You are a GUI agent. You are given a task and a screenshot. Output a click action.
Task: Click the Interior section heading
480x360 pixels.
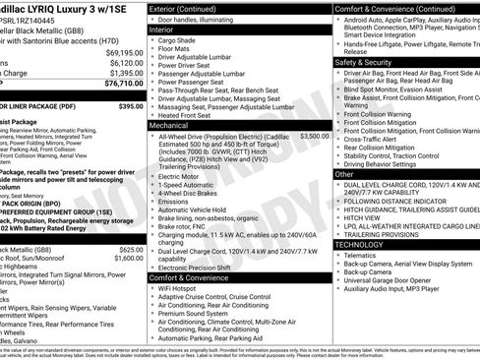tap(167, 30)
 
